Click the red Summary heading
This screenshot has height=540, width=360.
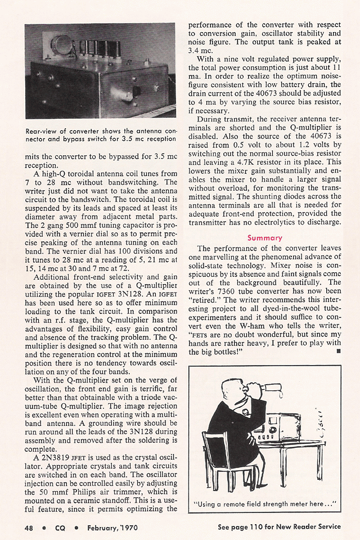pyautogui.click(x=265, y=238)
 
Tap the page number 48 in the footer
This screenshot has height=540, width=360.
pyautogui.click(x=28, y=527)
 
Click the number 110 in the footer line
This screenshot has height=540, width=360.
pyautogui.click(x=263, y=527)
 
